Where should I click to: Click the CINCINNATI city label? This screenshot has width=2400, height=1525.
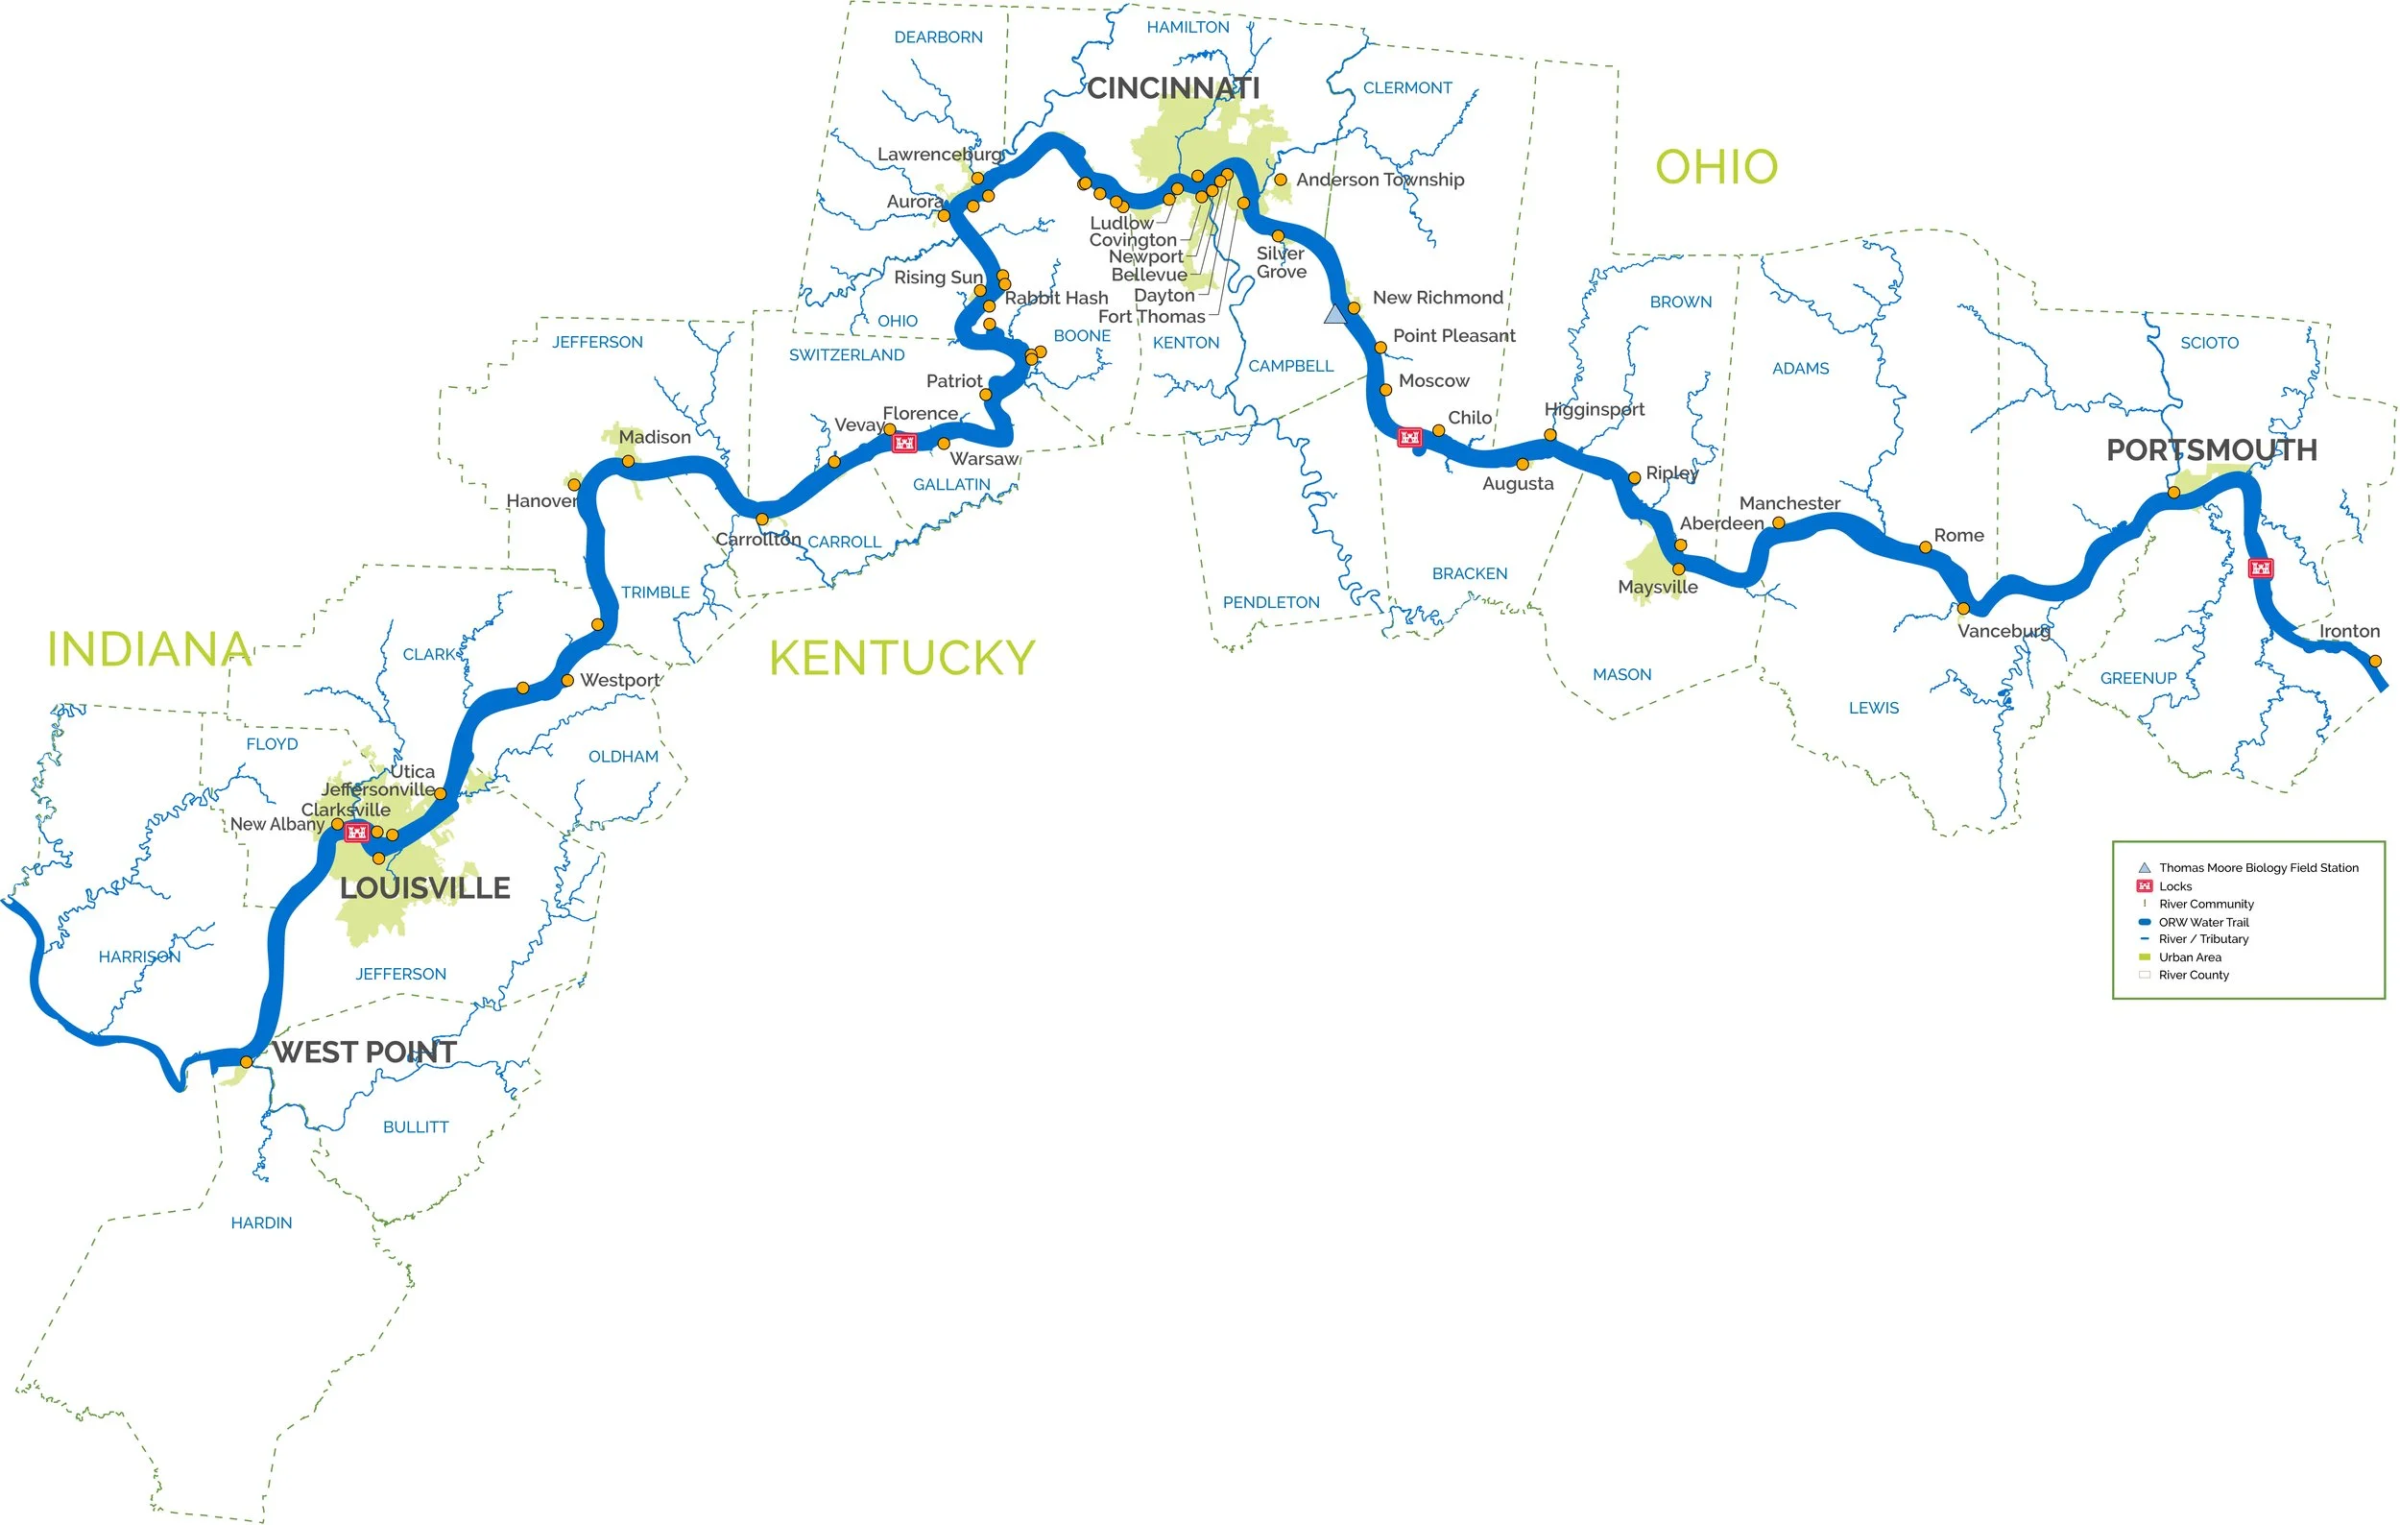pyautogui.click(x=1172, y=88)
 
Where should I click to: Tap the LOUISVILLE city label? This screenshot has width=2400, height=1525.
pyautogui.click(x=424, y=888)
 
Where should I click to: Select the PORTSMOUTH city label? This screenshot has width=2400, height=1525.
pyautogui.click(x=2211, y=450)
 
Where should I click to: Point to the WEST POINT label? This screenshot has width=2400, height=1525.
pyautogui.click(x=364, y=1052)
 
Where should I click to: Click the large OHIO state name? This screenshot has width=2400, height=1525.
pyautogui.click(x=1716, y=167)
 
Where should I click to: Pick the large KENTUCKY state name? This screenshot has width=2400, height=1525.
pyautogui.click(x=902, y=659)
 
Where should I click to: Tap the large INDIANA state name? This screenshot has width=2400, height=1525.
pyautogui.click(x=150, y=650)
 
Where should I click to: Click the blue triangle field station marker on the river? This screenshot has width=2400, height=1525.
pyautogui.click(x=1334, y=315)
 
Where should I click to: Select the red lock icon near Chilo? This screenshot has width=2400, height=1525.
pyautogui.click(x=1409, y=438)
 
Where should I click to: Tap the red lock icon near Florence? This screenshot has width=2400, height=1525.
pyautogui.click(x=904, y=443)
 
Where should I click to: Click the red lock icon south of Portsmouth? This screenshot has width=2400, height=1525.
pyautogui.click(x=2261, y=569)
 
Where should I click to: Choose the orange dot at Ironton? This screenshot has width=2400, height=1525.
pyautogui.click(x=2375, y=661)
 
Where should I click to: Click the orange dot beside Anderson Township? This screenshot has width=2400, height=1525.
pyautogui.click(x=1281, y=181)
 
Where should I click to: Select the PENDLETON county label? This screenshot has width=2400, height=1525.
pyautogui.click(x=1271, y=602)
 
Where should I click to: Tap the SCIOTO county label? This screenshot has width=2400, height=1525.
pyautogui.click(x=2209, y=343)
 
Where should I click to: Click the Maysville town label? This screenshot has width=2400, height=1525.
pyautogui.click(x=1658, y=587)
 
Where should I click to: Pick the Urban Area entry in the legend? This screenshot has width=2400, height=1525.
pyautogui.click(x=2190, y=956)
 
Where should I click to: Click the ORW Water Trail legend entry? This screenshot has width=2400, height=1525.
pyautogui.click(x=2202, y=922)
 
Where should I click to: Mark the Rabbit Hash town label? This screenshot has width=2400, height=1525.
pyautogui.click(x=1055, y=298)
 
